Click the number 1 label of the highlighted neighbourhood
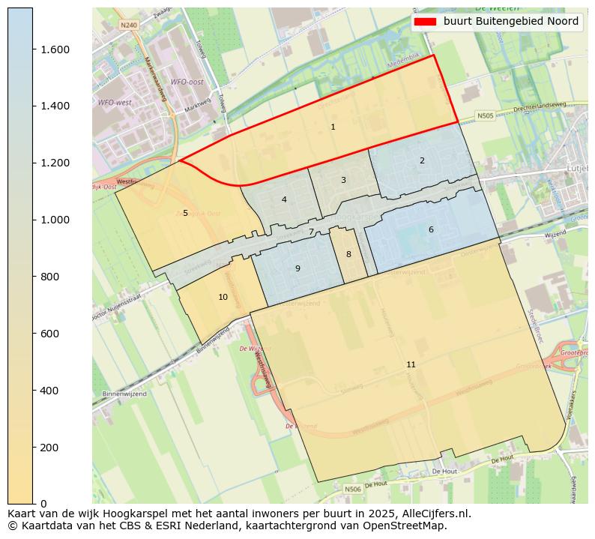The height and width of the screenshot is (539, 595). pos(333,127)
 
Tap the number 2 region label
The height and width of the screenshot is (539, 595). pos(422,160)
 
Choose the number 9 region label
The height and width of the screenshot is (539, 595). pos(297,268)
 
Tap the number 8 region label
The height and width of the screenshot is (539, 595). pos(348,254)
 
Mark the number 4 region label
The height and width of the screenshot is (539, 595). pos(284,199)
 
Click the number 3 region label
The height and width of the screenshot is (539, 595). pos(343,180)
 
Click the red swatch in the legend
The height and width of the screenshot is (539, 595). pos(424,22)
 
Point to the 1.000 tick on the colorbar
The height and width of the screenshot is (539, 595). pos(33,220)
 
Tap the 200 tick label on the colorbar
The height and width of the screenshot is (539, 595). pos(49,448)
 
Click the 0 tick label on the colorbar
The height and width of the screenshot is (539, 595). pos(43,504)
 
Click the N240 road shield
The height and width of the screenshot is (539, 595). pos(129,25)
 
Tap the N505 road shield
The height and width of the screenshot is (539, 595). pos(486,116)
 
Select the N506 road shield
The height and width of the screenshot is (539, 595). pos(352,489)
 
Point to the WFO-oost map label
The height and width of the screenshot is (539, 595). pos(187,82)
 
